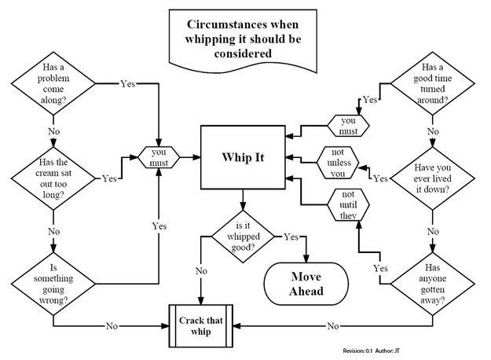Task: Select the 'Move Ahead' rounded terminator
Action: pos(306,284)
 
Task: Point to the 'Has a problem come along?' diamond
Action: pos(53,83)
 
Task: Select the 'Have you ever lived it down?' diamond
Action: pos(432,177)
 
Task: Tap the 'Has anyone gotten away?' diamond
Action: pos(432,279)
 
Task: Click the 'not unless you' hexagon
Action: pos(338,163)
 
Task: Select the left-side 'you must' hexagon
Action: pos(160,156)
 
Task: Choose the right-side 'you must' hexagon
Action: pos(347,126)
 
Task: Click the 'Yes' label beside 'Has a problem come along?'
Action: pos(128,83)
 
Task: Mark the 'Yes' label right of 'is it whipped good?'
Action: pos(291,236)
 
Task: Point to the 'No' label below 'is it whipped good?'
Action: pos(201,271)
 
